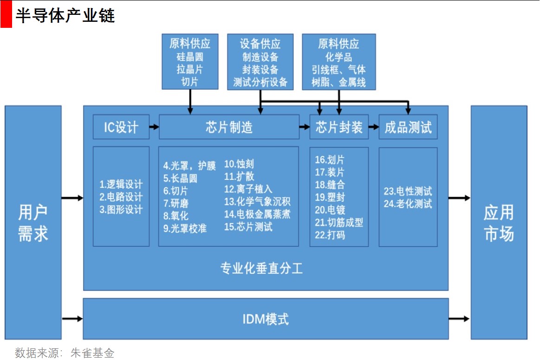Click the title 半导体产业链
(x=65, y=16)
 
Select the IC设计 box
(x=121, y=127)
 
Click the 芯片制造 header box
(x=229, y=127)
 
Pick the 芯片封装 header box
(x=339, y=127)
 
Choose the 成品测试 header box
(x=408, y=127)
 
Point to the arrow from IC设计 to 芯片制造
(x=154, y=126)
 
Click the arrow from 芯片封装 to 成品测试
(x=374, y=126)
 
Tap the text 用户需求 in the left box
(x=33, y=223)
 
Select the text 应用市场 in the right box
(x=499, y=223)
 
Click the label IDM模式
(x=266, y=319)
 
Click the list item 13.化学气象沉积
(x=257, y=202)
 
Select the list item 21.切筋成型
(x=339, y=223)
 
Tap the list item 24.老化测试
(x=408, y=204)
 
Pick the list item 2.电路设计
(x=121, y=197)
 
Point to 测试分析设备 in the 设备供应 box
(x=260, y=83)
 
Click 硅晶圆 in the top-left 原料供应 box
(x=190, y=58)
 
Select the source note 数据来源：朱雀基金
(x=65, y=353)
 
